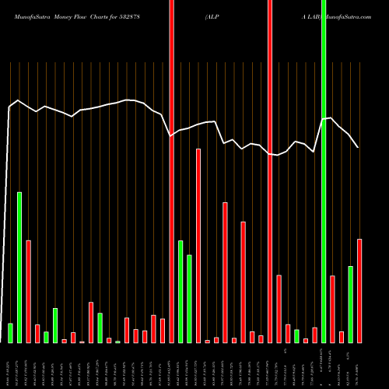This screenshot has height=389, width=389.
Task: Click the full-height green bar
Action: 324,171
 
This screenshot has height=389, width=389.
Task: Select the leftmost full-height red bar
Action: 171,171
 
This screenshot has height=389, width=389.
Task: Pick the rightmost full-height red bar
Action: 270,171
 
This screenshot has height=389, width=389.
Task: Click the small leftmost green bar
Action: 10,333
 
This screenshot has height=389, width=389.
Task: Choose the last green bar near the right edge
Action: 351,304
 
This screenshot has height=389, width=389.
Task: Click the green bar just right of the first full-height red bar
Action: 180,292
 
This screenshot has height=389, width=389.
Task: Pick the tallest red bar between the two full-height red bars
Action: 198,245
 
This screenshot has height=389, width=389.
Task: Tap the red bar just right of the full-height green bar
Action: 332,309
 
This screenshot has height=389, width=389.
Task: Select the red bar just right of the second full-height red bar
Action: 279,309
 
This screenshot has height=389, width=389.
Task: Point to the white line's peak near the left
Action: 18,100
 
